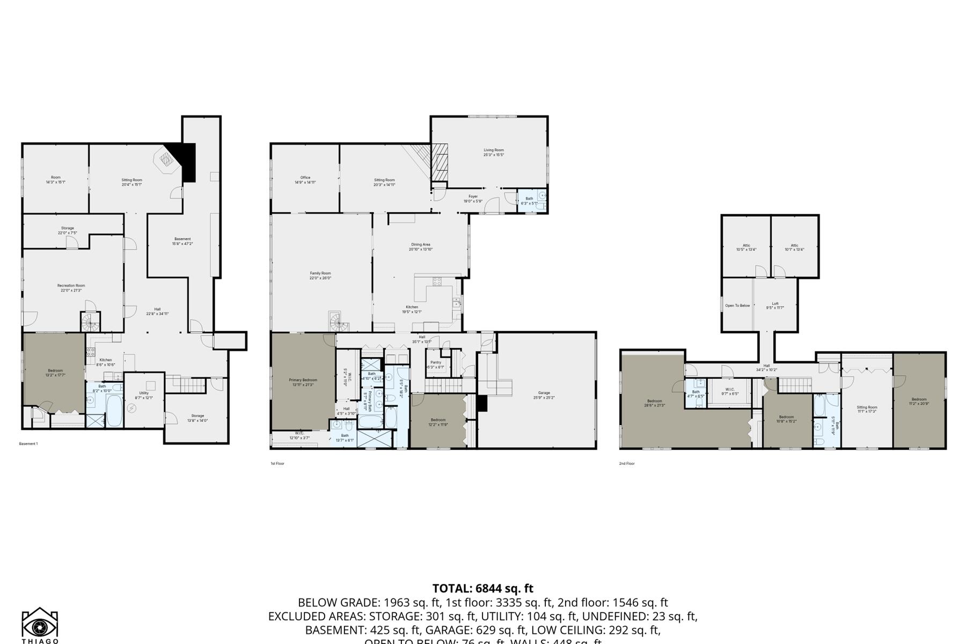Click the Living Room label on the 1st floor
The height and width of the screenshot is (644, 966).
(493, 152)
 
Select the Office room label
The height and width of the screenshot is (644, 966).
(305, 180)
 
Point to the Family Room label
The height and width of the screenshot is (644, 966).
(320, 275)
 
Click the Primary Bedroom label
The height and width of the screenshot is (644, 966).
(303, 382)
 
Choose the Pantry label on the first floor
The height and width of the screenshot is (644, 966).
(435, 364)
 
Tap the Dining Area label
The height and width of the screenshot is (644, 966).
(420, 246)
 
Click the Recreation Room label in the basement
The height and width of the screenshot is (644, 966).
(71, 288)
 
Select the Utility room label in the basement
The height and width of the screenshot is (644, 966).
(144, 395)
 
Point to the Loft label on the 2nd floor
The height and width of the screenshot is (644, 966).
(774, 305)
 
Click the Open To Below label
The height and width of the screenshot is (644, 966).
(737, 305)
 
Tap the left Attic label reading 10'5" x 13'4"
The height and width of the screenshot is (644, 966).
(746, 247)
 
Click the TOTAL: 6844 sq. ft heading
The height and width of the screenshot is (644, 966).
(482, 588)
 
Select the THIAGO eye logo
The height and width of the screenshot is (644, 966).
(40, 624)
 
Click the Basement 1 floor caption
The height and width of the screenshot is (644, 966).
(28, 444)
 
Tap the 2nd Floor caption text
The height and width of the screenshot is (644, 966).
(626, 463)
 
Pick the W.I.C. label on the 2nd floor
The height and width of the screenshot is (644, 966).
(729, 391)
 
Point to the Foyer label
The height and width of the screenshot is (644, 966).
(473, 199)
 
